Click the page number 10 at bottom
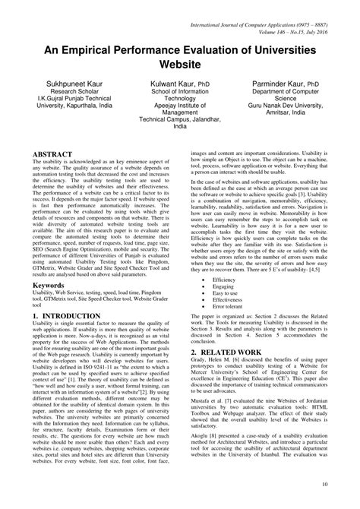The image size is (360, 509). pos(325,484)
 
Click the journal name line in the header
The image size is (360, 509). pos(260,7)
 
